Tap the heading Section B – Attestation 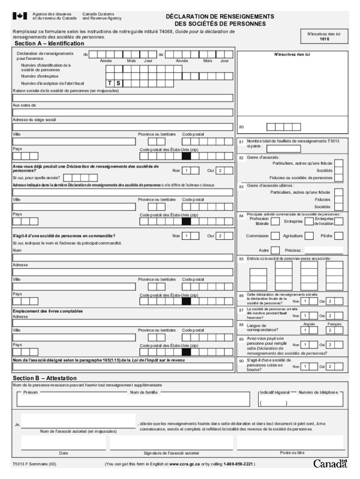(45, 378)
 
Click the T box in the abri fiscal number (110, 83)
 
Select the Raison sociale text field (123, 98)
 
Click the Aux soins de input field (123, 112)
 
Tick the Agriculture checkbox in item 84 (310, 236)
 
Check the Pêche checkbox (339, 236)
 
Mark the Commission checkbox (275, 236)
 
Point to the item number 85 (241, 259)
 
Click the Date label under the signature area (64, 453)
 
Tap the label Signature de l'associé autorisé (172, 453)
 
